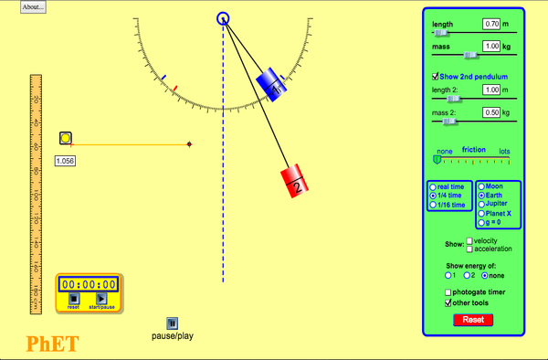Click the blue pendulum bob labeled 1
click(271, 86)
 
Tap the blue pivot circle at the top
click(223, 18)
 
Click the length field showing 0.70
click(492, 23)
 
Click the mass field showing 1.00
click(492, 46)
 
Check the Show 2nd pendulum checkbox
click(436, 77)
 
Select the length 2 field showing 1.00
click(492, 90)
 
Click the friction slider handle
click(437, 159)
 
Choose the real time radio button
click(434, 186)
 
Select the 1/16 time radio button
click(434, 205)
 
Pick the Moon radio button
click(482, 186)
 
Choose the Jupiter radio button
click(482, 205)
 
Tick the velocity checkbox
click(470, 240)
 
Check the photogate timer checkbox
click(448, 291)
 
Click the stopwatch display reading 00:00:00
click(89, 284)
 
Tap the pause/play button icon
click(172, 323)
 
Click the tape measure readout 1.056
click(65, 161)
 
